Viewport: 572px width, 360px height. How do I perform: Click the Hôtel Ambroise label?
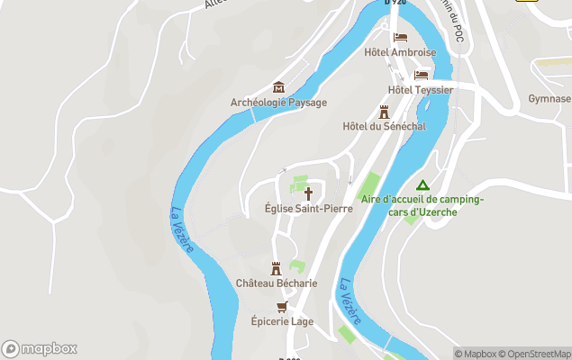[400, 52]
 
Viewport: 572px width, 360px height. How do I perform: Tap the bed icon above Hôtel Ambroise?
[401, 38]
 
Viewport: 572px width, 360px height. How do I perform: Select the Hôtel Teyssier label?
[420, 90]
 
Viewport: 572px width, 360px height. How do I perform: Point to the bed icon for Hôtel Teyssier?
[421, 76]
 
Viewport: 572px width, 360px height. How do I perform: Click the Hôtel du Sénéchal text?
[384, 126]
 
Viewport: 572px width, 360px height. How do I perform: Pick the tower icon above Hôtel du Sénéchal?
[384, 112]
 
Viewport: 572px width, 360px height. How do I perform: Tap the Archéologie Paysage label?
[278, 103]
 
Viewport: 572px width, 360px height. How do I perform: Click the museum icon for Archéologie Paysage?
[278, 87]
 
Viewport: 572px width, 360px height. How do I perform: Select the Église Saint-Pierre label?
[308, 208]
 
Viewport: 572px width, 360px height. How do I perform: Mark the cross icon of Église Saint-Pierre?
[308, 193]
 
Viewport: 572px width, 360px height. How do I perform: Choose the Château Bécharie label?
[277, 283]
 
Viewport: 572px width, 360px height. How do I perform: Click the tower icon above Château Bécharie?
[277, 268]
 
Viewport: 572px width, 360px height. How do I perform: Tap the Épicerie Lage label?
[282, 320]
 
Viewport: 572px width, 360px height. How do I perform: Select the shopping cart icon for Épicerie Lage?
[282, 306]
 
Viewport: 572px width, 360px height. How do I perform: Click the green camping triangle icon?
[422, 184]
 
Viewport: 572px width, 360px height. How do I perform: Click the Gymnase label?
[549, 98]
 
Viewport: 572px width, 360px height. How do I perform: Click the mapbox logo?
[39, 348]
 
